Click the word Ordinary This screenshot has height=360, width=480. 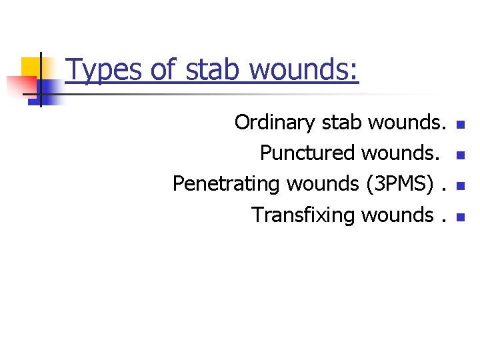click(275, 123)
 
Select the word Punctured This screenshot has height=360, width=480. click(308, 153)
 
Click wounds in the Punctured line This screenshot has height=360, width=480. click(401, 153)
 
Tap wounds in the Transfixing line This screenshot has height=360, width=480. click(397, 215)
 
